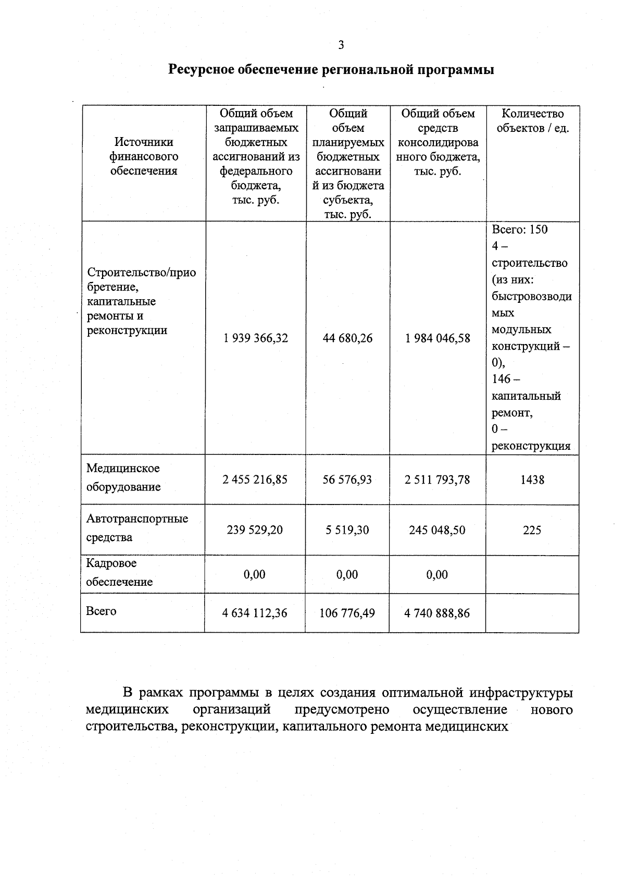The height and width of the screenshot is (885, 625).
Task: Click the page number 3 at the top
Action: pos(341,45)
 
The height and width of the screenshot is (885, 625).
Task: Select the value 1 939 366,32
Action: pos(256,338)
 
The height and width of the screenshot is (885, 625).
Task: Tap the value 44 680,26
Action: pos(347,338)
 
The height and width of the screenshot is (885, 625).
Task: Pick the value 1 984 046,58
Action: pos(438,338)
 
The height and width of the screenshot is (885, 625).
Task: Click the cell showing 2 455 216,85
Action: pos(255,480)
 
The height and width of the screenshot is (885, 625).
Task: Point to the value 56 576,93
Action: pos(347,480)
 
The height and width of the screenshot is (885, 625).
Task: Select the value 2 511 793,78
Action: pos(438,480)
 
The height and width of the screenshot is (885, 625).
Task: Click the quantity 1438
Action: pos(532,480)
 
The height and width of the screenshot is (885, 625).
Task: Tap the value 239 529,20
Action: pos(255,530)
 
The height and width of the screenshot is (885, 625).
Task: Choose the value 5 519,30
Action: pos(347,530)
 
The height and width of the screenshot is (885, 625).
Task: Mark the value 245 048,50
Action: pos(438,530)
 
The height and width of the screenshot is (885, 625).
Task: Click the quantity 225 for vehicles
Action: pos(532,531)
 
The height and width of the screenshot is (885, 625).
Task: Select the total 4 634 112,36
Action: pos(255,613)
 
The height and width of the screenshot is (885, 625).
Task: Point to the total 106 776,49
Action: pos(347,613)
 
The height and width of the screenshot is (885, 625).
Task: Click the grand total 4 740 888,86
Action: pos(438,613)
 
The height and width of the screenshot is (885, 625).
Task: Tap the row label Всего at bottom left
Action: pos(101,611)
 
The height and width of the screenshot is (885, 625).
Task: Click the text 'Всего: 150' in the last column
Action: pos(520,230)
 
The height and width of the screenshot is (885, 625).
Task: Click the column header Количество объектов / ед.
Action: pos(532,121)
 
